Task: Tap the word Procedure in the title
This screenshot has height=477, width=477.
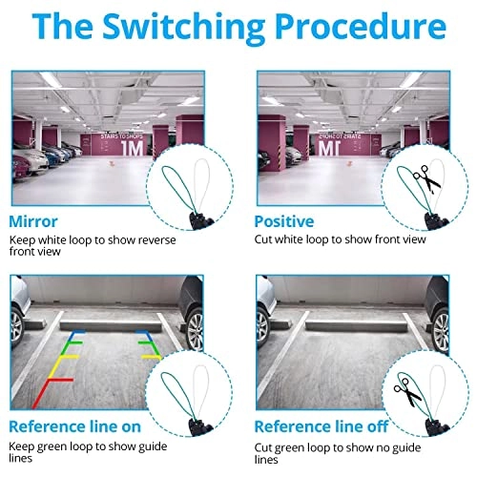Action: [361, 26]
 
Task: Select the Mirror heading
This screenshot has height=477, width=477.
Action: [33, 221]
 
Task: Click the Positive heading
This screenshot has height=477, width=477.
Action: [284, 221]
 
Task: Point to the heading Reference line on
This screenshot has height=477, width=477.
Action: [75, 426]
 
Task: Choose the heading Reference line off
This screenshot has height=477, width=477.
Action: [321, 426]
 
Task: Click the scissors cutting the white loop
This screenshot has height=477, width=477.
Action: [427, 179]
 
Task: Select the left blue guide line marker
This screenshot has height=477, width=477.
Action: [77, 334]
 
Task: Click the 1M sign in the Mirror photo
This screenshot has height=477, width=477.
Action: [132, 148]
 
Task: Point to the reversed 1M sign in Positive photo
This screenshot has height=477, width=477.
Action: [330, 148]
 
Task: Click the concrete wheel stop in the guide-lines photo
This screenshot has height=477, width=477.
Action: [111, 326]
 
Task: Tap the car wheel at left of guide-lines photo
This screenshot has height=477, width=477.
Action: [16, 327]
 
